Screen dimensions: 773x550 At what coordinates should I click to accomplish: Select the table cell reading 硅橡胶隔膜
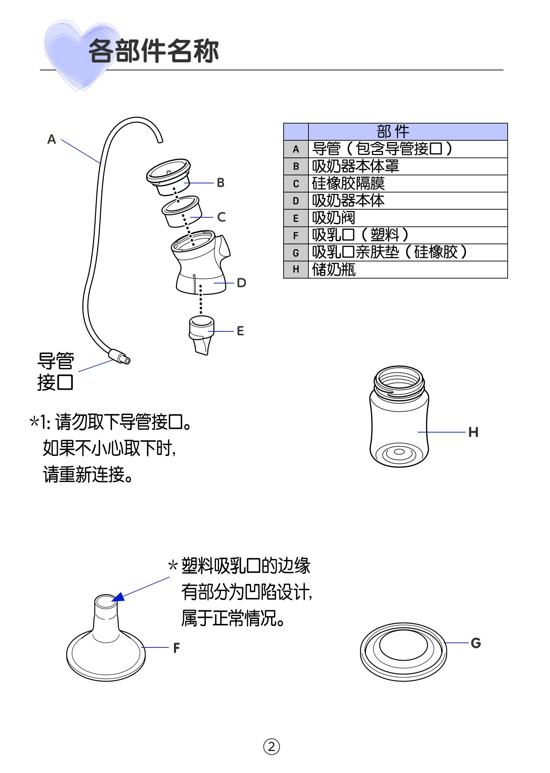(348, 183)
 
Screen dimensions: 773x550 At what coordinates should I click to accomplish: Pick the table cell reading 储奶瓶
(334, 269)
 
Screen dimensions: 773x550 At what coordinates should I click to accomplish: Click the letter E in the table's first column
(296, 218)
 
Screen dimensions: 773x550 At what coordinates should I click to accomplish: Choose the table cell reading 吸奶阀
(333, 218)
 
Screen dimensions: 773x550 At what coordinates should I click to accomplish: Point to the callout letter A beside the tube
(51, 139)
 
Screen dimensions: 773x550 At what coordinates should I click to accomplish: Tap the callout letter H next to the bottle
(473, 432)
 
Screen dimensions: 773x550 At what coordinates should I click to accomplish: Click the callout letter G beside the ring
(475, 643)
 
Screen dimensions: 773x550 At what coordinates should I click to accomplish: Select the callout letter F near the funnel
(176, 648)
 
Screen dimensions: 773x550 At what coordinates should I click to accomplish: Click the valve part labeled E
(201, 334)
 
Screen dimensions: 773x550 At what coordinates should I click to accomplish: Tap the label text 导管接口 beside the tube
(55, 371)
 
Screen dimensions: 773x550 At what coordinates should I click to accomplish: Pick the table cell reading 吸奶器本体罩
(355, 166)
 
